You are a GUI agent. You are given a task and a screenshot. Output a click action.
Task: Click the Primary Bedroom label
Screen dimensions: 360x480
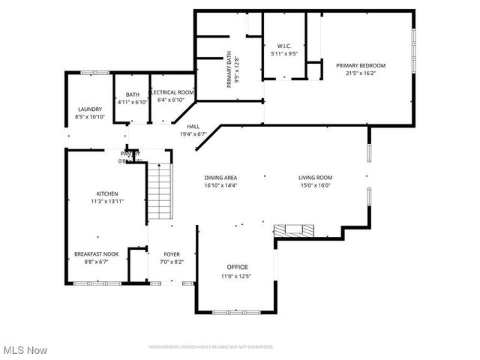click(365, 65)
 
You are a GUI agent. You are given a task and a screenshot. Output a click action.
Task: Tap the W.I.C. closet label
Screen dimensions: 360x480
click(284, 46)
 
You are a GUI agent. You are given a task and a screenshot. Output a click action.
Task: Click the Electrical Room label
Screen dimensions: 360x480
click(172, 92)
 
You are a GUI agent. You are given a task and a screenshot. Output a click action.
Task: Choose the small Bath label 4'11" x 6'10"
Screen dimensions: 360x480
click(132, 94)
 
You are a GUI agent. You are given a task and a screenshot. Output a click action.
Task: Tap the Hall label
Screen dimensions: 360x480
click(193, 127)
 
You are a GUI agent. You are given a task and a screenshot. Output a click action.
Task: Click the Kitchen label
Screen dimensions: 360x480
click(107, 193)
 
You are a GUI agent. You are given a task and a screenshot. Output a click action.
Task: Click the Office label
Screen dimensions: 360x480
click(238, 267)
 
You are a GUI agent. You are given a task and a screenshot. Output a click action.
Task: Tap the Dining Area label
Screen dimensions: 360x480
click(220, 177)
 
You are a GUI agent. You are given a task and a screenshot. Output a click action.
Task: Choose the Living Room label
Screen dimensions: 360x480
click(315, 177)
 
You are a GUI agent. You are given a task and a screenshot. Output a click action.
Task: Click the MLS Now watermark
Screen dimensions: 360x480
click(25, 350)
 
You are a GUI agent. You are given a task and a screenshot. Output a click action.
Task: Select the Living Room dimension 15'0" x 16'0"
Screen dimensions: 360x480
click(315, 185)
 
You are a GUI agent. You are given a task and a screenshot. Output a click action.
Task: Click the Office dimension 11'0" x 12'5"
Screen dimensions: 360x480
click(235, 277)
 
